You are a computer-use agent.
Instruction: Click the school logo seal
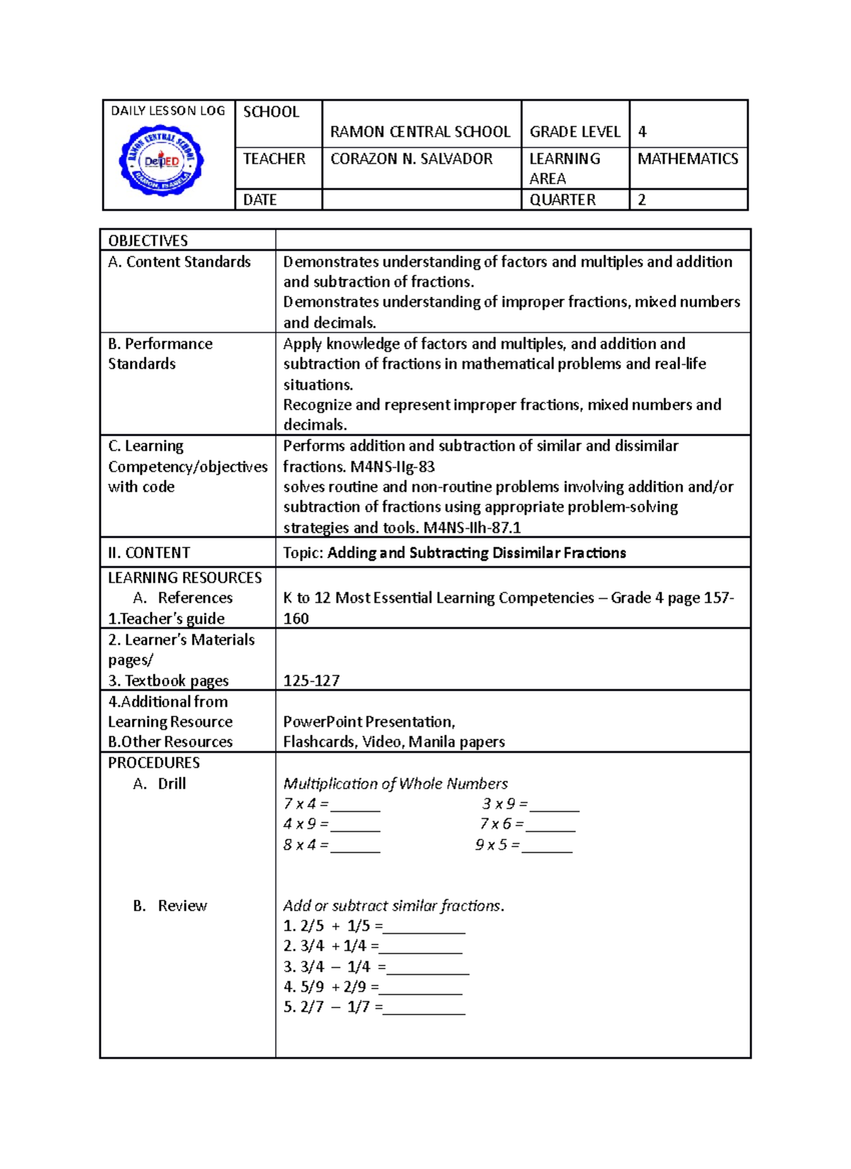tap(162, 162)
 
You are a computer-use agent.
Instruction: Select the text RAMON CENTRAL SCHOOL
tap(420, 132)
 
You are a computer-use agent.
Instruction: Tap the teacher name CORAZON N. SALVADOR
tap(411, 159)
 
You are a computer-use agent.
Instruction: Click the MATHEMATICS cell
tap(687, 159)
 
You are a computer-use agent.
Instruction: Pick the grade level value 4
tap(643, 132)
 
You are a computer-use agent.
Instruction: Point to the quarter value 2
tap(643, 200)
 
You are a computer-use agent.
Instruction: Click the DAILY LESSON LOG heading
tap(168, 111)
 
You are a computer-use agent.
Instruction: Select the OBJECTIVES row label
tap(148, 241)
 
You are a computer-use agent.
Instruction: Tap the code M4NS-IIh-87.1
tap(472, 528)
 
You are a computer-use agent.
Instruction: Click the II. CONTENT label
tap(149, 553)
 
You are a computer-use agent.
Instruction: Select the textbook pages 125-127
tap(311, 681)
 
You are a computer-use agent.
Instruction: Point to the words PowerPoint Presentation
tap(369, 722)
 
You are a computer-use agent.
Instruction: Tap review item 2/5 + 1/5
tap(333, 926)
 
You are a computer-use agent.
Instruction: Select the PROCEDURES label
tap(154, 763)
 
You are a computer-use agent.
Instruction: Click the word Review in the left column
tap(182, 906)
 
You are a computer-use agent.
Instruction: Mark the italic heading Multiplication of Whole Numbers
tap(395, 784)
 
